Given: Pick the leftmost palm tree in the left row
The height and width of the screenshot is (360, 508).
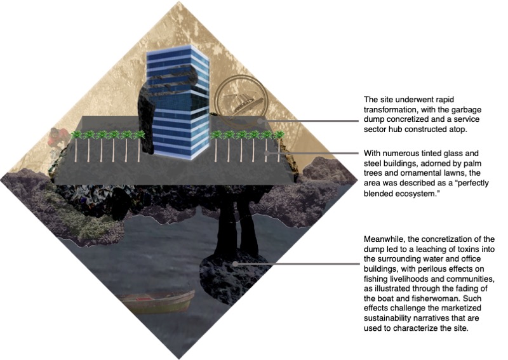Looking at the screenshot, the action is point(76,146).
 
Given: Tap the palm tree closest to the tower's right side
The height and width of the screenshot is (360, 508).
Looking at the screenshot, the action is point(216,146).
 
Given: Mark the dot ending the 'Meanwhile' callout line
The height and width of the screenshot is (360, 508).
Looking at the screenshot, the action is point(235,263).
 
